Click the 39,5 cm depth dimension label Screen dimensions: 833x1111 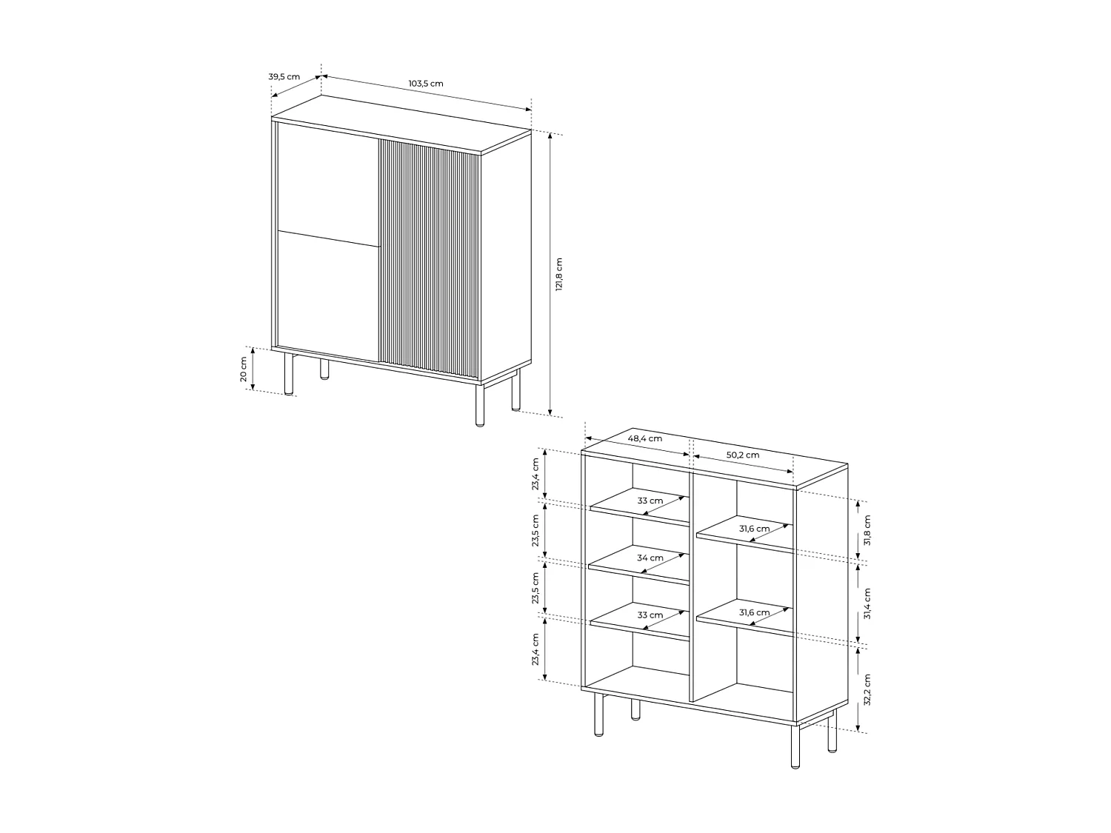284,76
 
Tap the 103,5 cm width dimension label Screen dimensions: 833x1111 426,83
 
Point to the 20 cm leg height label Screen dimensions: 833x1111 244,369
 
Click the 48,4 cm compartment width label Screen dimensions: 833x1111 644,438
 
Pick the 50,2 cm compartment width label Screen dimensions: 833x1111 742,455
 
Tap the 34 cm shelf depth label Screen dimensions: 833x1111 650,558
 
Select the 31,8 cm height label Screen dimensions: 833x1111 868,530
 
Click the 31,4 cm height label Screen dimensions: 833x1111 868,603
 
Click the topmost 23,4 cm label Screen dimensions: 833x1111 535,474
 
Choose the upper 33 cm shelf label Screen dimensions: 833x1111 650,501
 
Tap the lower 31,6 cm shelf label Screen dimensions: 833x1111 754,612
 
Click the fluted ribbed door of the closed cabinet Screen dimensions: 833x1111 430,259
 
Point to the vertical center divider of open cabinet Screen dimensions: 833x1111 692,585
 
